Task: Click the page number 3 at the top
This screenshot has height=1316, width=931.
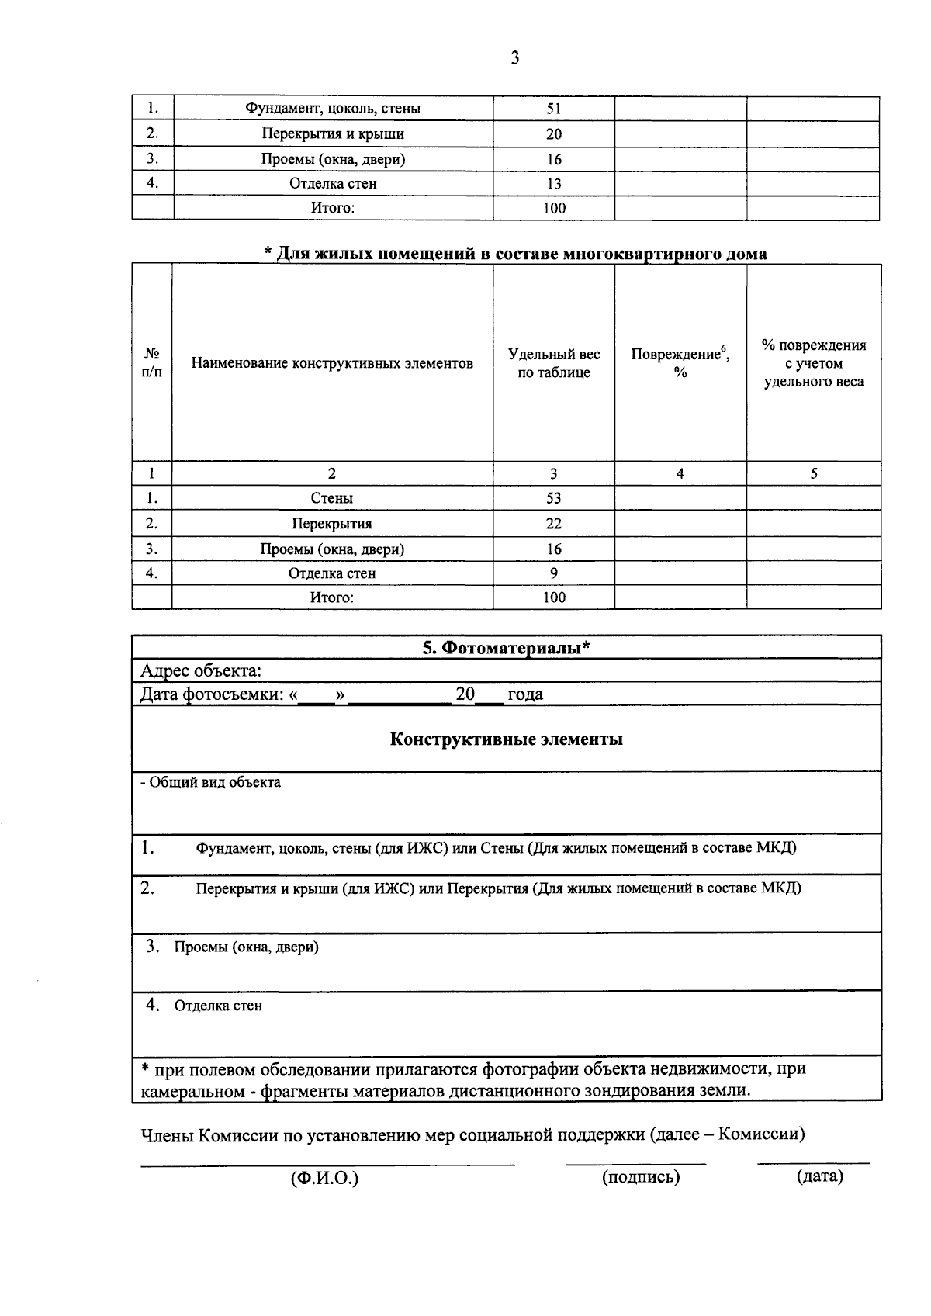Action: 515,57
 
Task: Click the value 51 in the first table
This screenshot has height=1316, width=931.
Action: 553,109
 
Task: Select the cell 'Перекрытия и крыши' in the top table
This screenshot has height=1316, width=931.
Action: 333,133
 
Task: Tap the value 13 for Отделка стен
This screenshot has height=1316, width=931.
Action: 553,184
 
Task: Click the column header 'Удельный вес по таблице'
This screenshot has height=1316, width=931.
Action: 553,363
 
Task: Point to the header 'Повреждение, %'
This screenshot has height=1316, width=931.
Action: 680,362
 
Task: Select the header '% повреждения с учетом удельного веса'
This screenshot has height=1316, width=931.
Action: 813,363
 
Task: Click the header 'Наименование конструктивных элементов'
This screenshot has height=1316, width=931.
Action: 332,363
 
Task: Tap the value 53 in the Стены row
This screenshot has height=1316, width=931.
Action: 553,498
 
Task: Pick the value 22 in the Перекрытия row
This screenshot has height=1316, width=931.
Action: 553,524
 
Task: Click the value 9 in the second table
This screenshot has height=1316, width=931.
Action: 553,573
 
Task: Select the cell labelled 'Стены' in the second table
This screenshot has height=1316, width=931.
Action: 332,498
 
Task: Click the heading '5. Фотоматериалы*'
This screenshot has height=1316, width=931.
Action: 506,648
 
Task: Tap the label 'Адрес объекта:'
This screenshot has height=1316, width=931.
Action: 200,670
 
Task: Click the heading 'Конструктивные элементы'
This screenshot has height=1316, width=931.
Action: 506,739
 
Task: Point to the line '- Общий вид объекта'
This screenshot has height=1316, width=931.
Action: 210,782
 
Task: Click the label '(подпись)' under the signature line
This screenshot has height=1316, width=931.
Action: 640,1177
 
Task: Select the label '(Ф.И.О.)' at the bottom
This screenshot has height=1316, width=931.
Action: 324,1179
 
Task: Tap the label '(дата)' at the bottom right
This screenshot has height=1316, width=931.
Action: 819,1176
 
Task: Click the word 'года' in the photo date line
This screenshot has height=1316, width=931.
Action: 524,694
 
